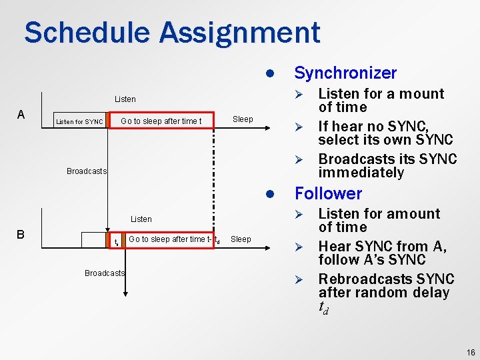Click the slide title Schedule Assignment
(x=172, y=33)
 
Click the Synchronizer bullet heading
(x=345, y=73)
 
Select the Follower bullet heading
(x=328, y=194)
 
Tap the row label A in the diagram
(x=21, y=115)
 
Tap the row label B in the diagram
(x=21, y=235)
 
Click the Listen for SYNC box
(x=79, y=121)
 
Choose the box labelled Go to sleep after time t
(x=160, y=121)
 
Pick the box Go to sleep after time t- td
(x=173, y=239)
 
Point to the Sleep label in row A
(x=243, y=119)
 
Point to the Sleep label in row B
(x=241, y=239)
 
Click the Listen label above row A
(x=125, y=99)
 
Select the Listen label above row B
(x=141, y=219)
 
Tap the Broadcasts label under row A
(x=86, y=171)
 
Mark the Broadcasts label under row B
(x=104, y=273)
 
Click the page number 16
(x=471, y=352)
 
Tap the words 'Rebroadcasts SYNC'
(x=386, y=279)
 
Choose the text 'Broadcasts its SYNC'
(x=387, y=159)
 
